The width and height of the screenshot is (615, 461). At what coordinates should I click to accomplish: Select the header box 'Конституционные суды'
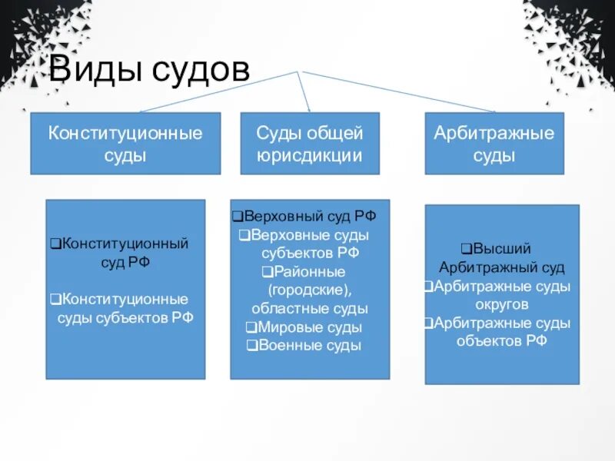pyautogui.click(x=125, y=144)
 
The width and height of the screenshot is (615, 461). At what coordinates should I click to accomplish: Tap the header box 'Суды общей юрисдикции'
pyautogui.click(x=310, y=144)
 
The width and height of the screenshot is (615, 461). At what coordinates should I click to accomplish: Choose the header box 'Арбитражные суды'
pyautogui.click(x=494, y=144)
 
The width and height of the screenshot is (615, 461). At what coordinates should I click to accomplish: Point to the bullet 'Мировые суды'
pyautogui.click(x=307, y=327)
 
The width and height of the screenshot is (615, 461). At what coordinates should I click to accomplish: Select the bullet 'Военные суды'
pyautogui.click(x=307, y=345)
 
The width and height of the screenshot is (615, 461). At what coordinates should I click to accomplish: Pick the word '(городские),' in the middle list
pyautogui.click(x=310, y=290)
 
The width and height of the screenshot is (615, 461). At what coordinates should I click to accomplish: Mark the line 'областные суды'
pyautogui.click(x=310, y=308)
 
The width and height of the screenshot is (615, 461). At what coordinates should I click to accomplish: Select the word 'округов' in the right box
pyautogui.click(x=501, y=304)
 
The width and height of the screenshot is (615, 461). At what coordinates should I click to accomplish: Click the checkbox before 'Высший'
pyautogui.click(x=466, y=249)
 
